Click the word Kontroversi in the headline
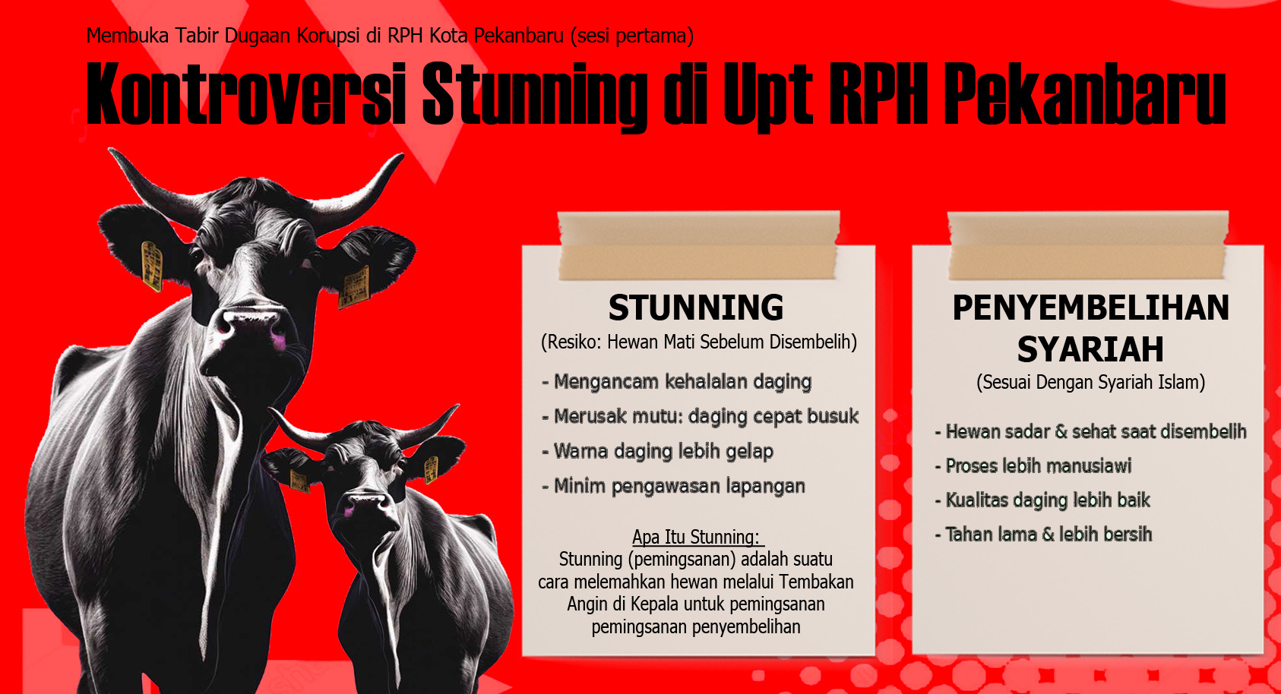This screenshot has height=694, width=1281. click(x=246, y=93)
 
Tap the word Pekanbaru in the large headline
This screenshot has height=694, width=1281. click(x=1085, y=93)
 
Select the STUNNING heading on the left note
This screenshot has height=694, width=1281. click(x=696, y=308)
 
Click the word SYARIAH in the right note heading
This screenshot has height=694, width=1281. click(x=1090, y=349)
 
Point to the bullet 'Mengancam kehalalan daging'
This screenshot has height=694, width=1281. click(x=676, y=382)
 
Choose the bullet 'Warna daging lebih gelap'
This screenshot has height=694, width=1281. click(x=658, y=452)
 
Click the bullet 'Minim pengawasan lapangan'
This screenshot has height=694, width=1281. click(x=673, y=487)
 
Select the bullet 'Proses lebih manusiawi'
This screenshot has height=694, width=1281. click(x=1033, y=466)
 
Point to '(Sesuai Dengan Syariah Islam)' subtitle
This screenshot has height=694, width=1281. click(x=1090, y=383)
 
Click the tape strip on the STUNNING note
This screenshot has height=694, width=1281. click(x=698, y=246)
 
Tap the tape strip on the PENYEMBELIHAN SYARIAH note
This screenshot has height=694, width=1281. click(x=1088, y=246)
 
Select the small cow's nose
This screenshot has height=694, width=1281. click(x=366, y=504)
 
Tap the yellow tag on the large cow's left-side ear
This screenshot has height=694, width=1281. click(x=151, y=266)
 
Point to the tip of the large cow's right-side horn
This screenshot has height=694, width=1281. click(x=401, y=156)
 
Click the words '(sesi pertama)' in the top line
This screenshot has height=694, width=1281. click(x=632, y=36)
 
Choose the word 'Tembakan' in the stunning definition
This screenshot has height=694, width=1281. click(x=816, y=582)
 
